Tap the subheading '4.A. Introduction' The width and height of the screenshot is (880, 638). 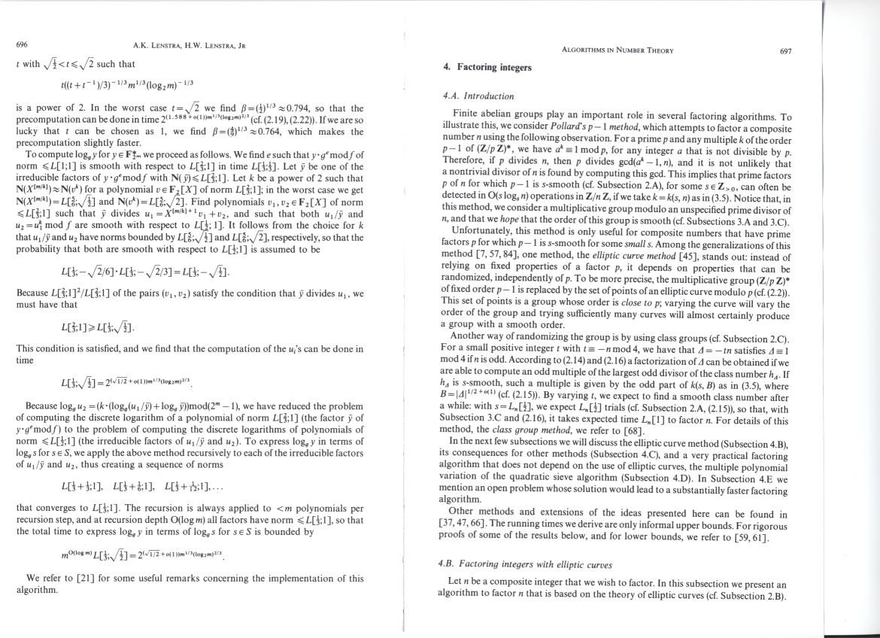click(x=478, y=96)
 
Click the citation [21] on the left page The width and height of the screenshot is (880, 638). click(x=83, y=579)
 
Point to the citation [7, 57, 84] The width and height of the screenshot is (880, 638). click(x=505, y=257)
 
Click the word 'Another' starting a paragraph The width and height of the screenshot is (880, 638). click(x=467, y=336)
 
